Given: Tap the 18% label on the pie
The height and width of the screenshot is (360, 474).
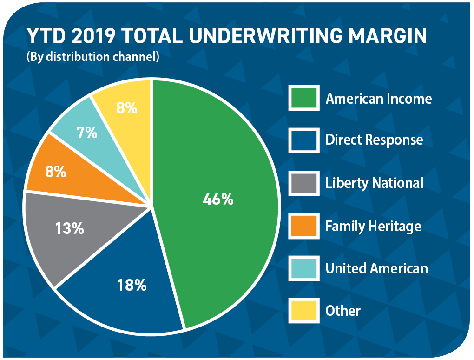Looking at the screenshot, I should click(132, 285).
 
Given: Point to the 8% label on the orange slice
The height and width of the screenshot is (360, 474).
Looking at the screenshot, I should click(56, 172).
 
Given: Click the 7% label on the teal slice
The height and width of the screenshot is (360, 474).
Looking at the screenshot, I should click(87, 133).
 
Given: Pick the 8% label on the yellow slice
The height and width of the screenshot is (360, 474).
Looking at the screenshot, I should click(127, 108).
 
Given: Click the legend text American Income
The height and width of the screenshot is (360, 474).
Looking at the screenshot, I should click(379, 99).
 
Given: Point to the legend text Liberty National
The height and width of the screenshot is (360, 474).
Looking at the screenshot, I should click(375, 183).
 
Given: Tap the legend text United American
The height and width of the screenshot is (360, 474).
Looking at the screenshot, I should click(376, 268).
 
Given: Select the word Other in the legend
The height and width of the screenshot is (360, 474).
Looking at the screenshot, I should click(343, 311).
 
